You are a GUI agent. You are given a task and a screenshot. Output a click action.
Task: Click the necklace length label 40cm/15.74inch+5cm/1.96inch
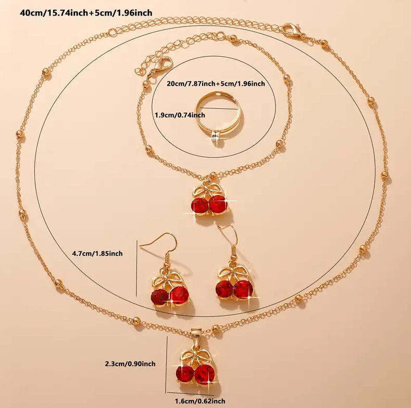tap(86, 13)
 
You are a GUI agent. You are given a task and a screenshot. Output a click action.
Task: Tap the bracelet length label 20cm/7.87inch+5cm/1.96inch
tap(216, 84)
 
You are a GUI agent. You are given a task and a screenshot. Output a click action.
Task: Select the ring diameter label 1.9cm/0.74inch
tap(180, 115)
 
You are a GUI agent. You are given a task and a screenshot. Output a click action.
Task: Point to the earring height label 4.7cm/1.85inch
tap(97, 254)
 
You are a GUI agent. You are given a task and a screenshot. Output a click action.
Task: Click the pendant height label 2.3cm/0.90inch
tap(130, 364)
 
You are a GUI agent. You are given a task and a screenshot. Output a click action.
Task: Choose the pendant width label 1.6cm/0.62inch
tap(200, 401)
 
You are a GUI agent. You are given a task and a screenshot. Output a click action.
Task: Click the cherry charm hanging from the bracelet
tap(210, 200)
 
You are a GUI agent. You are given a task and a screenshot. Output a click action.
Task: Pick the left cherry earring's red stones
tap(169, 296)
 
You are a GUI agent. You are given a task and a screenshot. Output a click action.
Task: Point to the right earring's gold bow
tap(231, 273)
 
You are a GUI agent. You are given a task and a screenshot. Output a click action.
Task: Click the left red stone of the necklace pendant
tap(185, 374)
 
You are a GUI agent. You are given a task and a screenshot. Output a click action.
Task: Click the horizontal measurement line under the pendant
tap(191, 394)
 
